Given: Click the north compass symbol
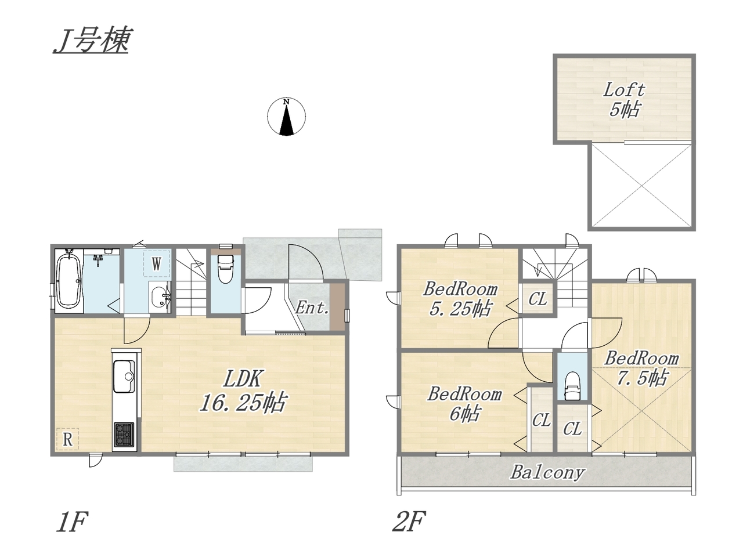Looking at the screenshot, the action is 286,116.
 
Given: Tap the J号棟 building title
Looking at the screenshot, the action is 91,41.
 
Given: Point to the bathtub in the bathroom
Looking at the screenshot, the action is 69,280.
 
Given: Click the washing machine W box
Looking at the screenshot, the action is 156,263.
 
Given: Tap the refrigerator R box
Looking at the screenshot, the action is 68,439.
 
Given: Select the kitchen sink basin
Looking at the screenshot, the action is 124,376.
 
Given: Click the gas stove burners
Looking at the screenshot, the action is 124,434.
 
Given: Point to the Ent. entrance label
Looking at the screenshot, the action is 312,308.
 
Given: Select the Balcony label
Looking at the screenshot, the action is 547,472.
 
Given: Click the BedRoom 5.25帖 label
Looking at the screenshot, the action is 460,299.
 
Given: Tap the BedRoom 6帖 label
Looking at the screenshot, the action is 464,404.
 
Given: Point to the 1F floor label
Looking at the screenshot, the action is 72,521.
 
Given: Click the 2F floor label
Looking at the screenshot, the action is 408,521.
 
